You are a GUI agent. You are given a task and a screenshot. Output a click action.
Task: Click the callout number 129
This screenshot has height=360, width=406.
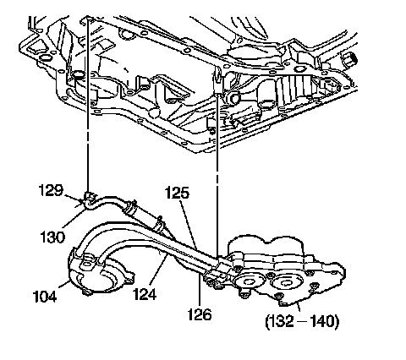(x=51, y=190)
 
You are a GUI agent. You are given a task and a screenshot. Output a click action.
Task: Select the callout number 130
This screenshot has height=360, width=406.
(x=52, y=237)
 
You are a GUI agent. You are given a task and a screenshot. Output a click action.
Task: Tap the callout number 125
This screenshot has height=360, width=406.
(x=177, y=194)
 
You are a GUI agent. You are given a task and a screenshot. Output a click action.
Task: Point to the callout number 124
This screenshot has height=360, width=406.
(x=145, y=294)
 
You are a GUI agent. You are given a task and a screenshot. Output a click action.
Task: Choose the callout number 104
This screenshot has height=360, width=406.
(x=45, y=297)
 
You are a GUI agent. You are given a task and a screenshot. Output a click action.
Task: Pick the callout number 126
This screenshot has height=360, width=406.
(x=200, y=314)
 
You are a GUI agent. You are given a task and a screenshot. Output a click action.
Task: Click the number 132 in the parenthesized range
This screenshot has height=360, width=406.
(x=282, y=321)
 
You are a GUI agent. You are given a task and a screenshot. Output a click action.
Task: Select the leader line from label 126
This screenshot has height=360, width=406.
(x=200, y=290)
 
